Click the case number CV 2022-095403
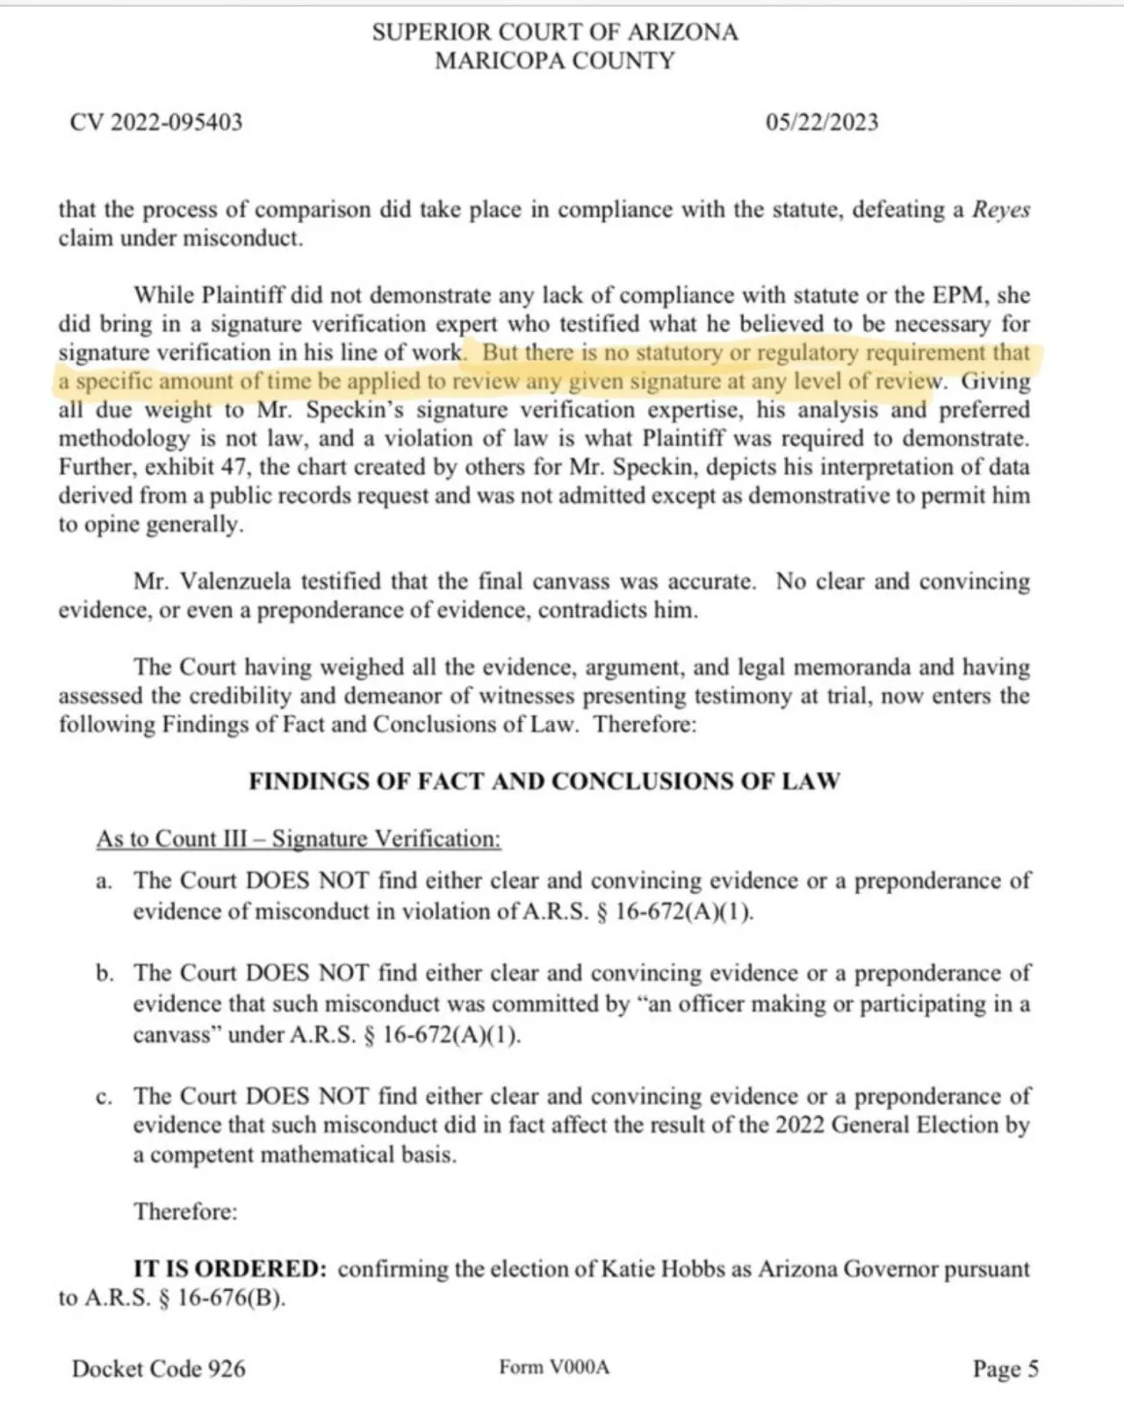pyautogui.click(x=155, y=122)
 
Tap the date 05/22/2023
pyautogui.click(x=821, y=122)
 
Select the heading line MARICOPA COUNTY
pyautogui.click(x=554, y=61)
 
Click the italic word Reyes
pyautogui.click(x=1001, y=210)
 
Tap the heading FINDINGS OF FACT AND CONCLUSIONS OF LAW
pyautogui.click(x=544, y=781)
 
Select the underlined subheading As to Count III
pyautogui.click(x=299, y=839)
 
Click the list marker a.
pyautogui.click(x=104, y=881)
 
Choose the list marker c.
pyautogui.click(x=104, y=1096)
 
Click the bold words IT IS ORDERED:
pyautogui.click(x=230, y=1269)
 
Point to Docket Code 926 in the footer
pyautogui.click(x=159, y=1368)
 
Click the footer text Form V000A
pyautogui.click(x=553, y=1367)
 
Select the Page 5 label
pyautogui.click(x=1005, y=1368)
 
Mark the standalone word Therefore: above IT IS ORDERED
pyautogui.click(x=185, y=1212)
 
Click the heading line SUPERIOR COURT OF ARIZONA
pyautogui.click(x=554, y=32)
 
